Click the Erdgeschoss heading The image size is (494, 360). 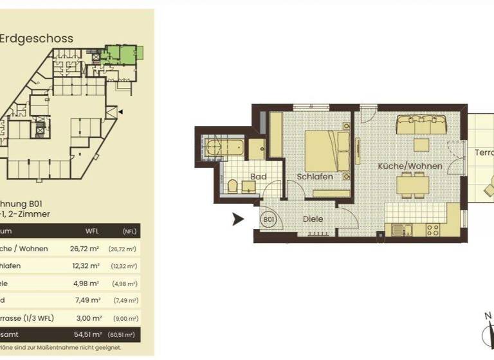37,38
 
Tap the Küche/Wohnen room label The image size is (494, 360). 410,166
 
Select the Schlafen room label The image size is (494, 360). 315,176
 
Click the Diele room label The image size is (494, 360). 313,219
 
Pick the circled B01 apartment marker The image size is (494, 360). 269,219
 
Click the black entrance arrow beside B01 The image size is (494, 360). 237,219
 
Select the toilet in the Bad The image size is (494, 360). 233,187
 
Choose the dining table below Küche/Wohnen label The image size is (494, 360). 413,186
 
